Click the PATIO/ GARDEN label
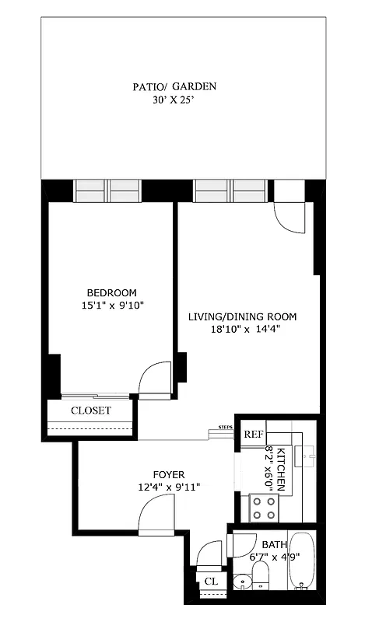click(x=174, y=86)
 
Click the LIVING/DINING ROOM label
click(x=243, y=316)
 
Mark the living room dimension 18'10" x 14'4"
click(x=243, y=329)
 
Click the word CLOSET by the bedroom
click(x=91, y=411)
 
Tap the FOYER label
click(x=168, y=474)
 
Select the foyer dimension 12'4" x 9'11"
click(x=168, y=487)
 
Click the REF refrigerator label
click(x=253, y=435)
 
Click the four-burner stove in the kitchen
click(x=263, y=508)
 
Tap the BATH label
click(x=273, y=544)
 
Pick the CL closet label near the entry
click(x=210, y=580)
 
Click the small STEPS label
click(x=226, y=427)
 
